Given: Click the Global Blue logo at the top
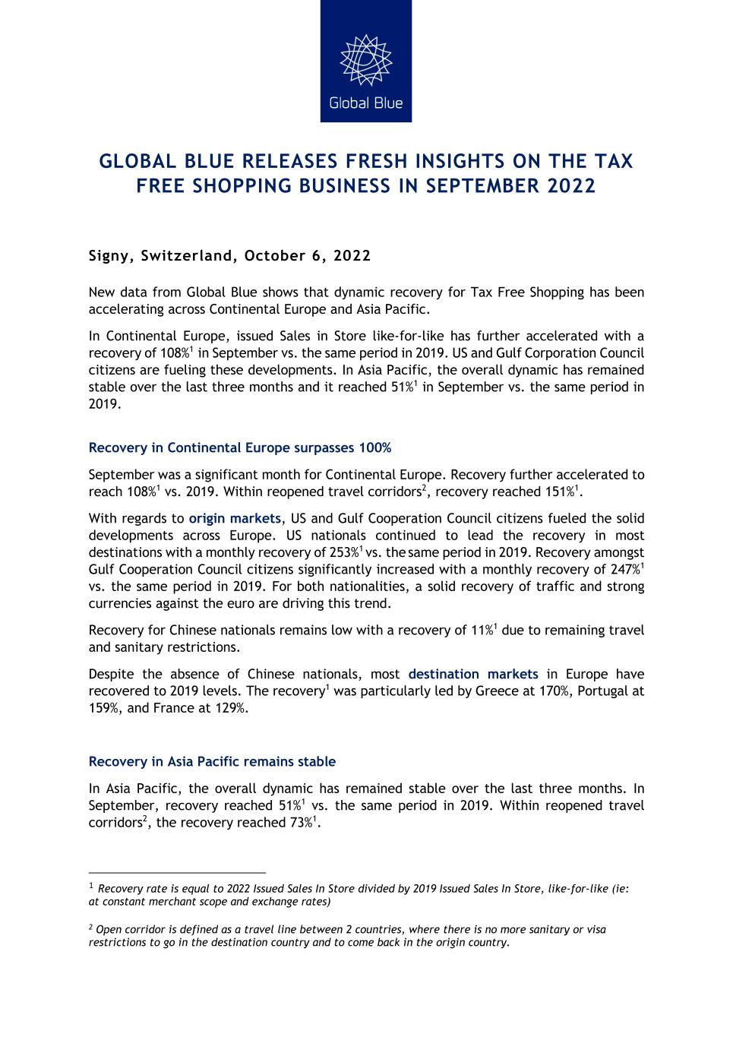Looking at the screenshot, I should [365, 61].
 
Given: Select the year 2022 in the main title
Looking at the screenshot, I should [572, 186].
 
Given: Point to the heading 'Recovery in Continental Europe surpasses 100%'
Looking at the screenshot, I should [240, 447].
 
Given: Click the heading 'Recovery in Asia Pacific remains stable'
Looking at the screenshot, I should [212, 761].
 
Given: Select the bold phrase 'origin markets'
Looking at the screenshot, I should [235, 518].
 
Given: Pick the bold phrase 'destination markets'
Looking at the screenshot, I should [473, 674].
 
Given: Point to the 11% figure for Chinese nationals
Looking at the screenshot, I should [482, 631].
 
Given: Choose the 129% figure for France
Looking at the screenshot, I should [233, 708].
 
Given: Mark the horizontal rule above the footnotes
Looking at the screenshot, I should [177, 873].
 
